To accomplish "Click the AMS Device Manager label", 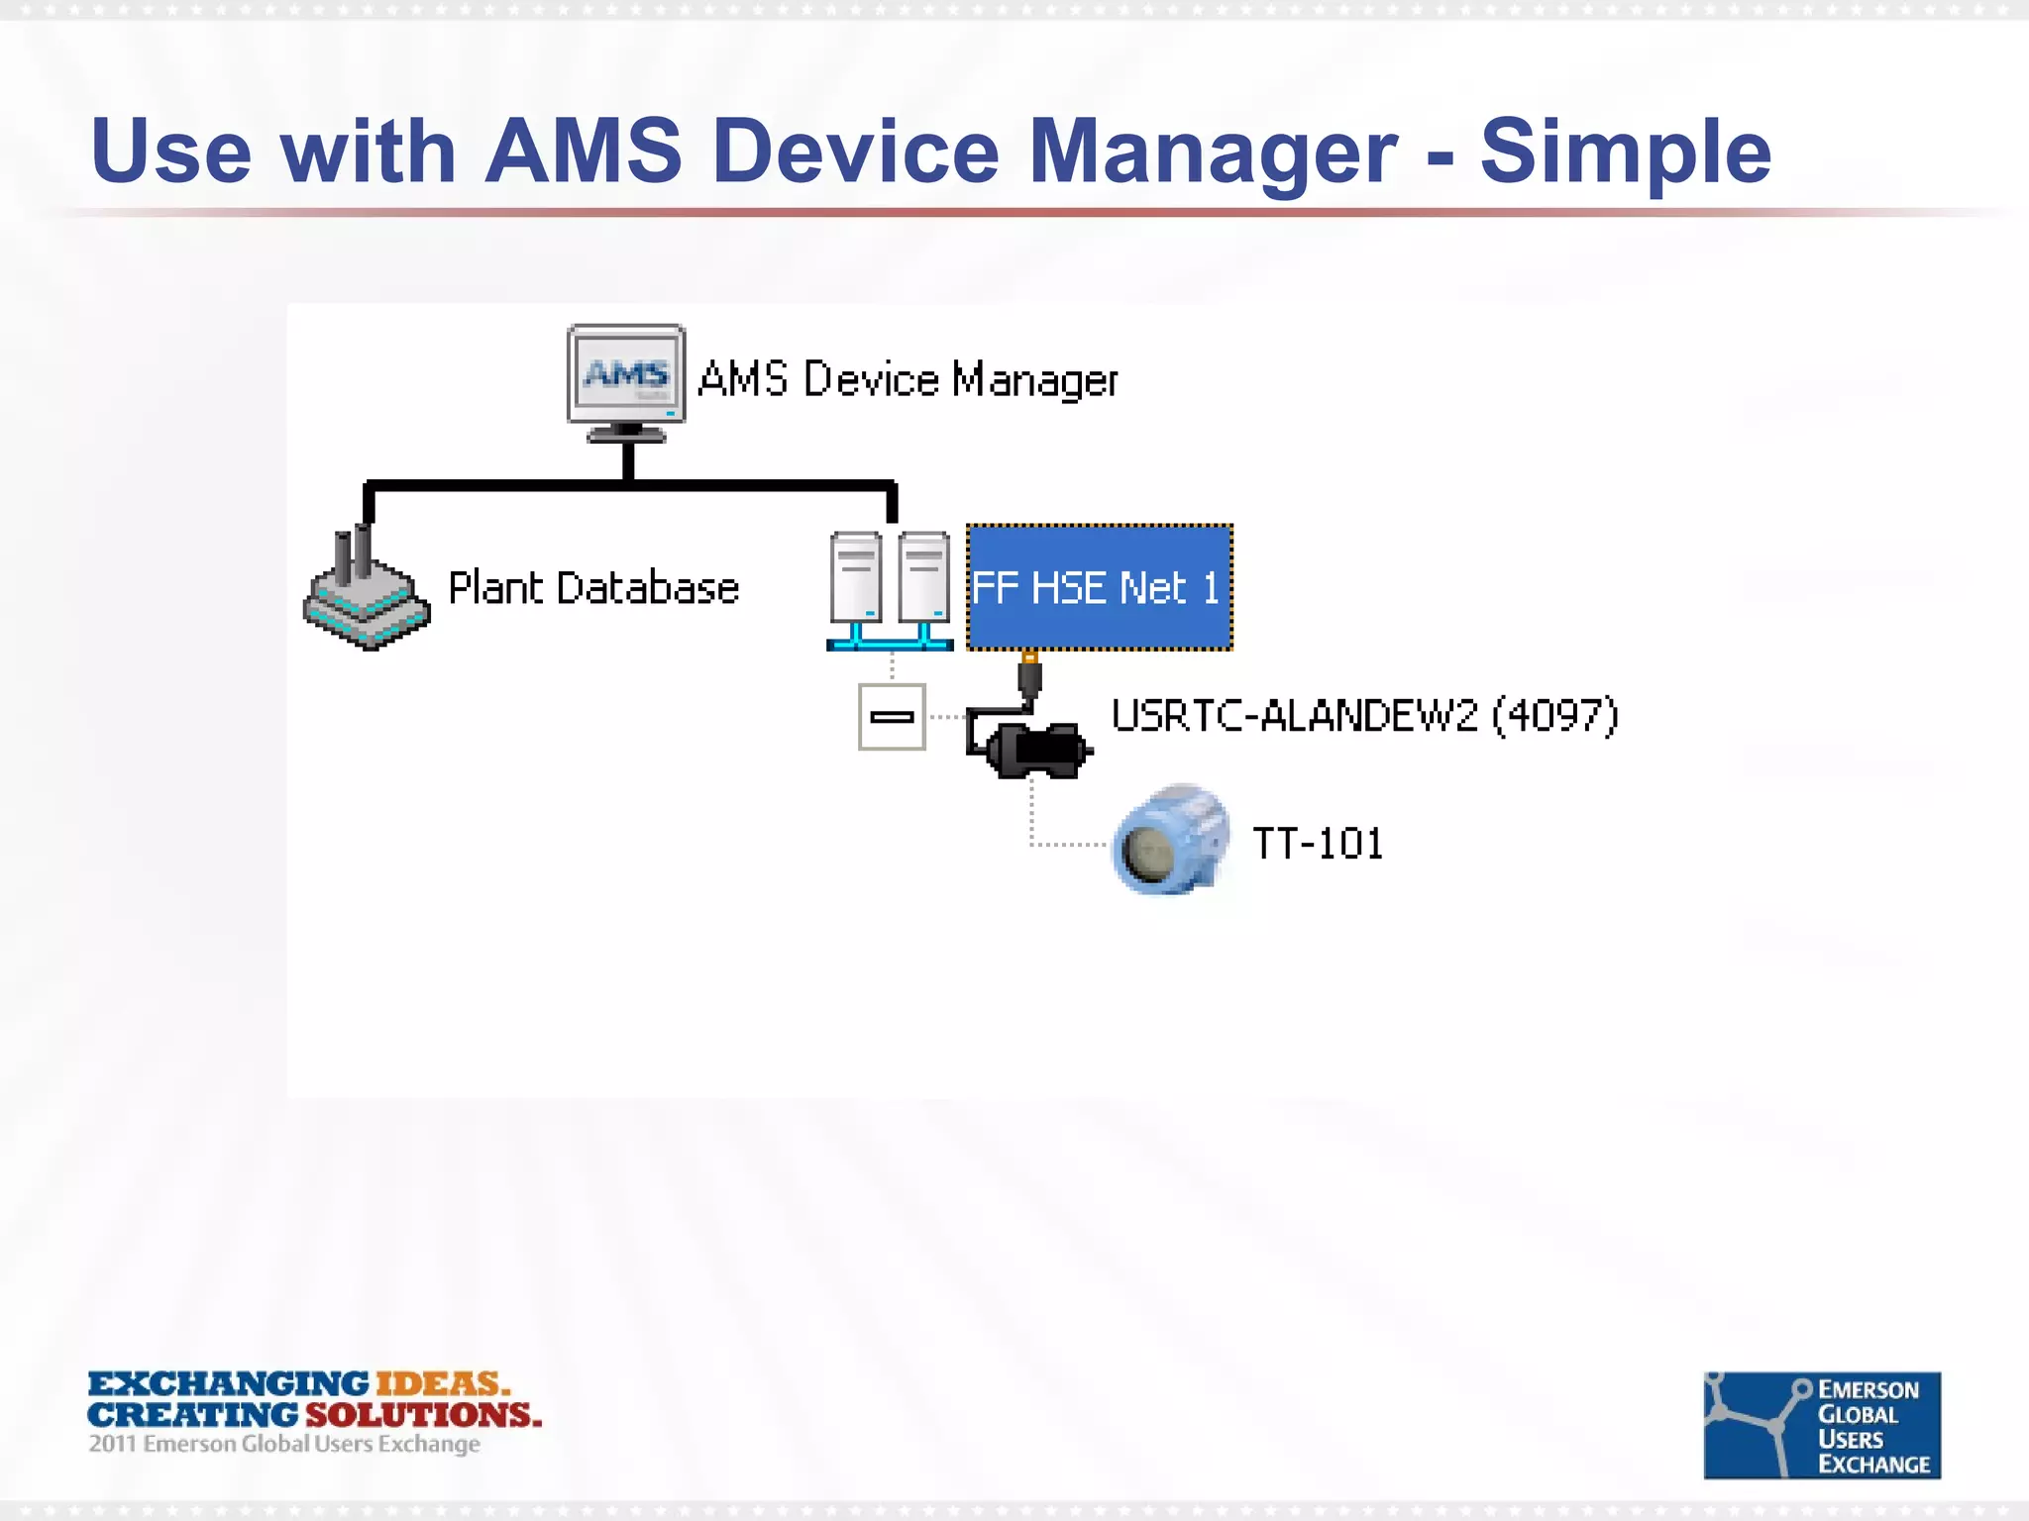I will (908, 380).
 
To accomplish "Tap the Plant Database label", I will (593, 588).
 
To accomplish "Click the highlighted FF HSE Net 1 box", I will (1099, 587).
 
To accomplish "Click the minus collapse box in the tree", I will (892, 717).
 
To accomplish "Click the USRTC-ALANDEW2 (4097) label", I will (1364, 716).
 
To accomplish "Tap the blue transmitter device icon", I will (1170, 841).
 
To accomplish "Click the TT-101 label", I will (1318, 844).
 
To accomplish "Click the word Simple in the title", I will (1625, 152).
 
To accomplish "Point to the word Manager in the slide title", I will (1213, 152).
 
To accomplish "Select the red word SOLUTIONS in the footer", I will (423, 1414).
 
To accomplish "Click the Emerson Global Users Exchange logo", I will (1821, 1425).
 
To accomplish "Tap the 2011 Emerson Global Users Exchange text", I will (284, 1444).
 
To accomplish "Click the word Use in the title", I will (171, 152).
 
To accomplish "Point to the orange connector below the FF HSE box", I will (1030, 658).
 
